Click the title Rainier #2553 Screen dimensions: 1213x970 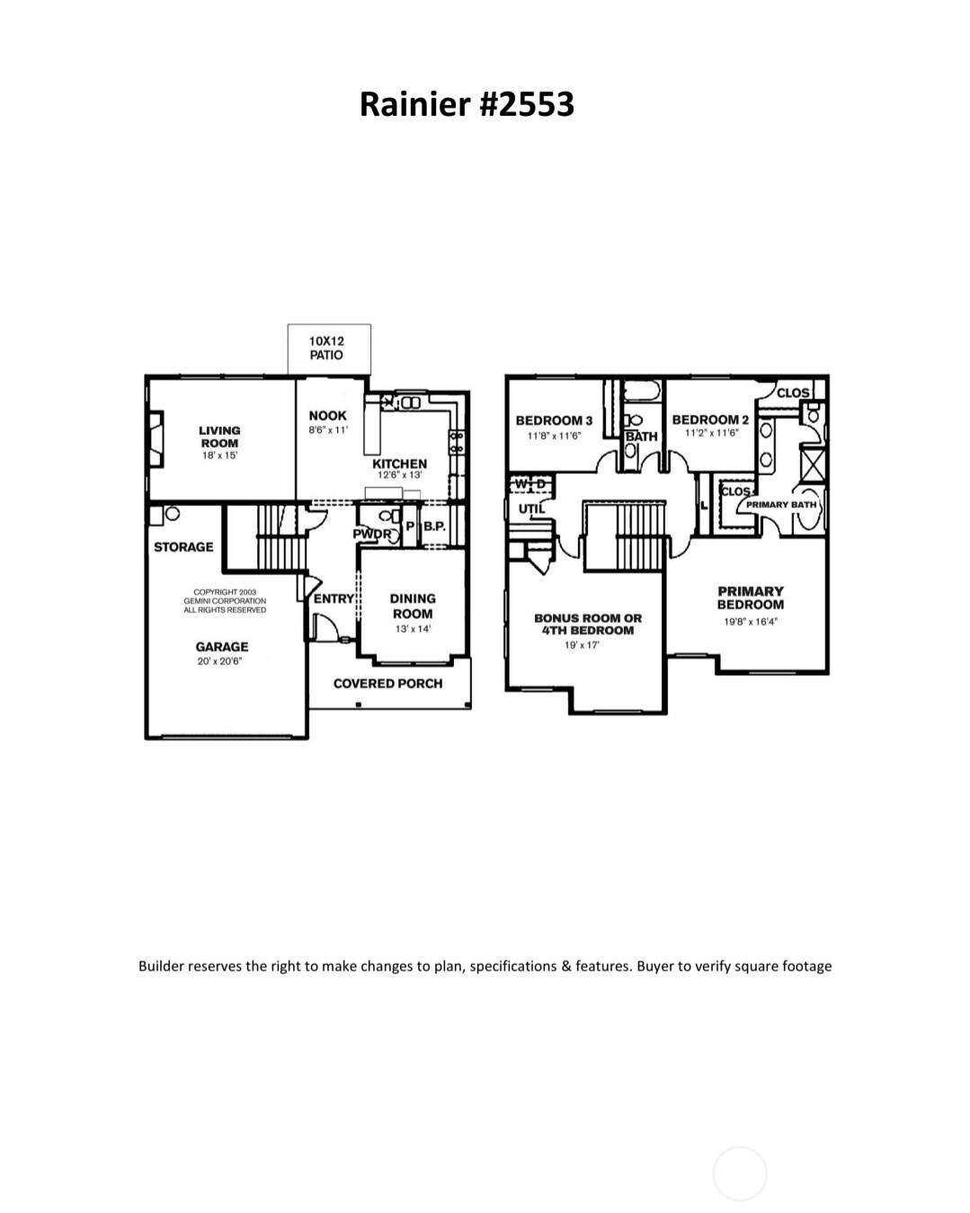click(467, 104)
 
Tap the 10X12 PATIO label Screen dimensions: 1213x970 click(326, 348)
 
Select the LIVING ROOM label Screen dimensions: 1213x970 click(219, 437)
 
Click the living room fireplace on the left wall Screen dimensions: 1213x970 click(156, 438)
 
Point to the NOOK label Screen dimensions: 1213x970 click(327, 416)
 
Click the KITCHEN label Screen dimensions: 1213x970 click(400, 464)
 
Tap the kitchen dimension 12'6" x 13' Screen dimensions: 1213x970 click(400, 474)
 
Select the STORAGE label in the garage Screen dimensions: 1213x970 click(183, 546)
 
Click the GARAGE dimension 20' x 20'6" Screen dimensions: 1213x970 click(221, 661)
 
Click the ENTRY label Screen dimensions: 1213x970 click(334, 598)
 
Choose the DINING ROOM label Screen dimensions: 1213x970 click(413, 606)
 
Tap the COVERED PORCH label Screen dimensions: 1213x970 click(387, 684)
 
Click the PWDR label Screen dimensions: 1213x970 click(371, 534)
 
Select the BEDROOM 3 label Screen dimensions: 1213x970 click(554, 421)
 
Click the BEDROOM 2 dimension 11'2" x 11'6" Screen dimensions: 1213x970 click(710, 433)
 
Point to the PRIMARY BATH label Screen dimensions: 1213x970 click(780, 505)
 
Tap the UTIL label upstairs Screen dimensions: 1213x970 click(531, 509)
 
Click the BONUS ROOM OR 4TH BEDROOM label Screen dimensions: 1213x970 click(588, 624)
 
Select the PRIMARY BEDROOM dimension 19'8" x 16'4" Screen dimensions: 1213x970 click(751, 621)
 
